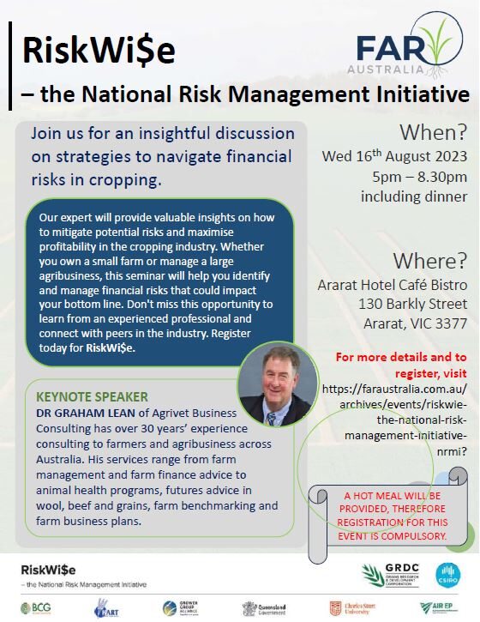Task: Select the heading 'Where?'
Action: point(430,260)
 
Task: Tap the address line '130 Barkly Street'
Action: point(415,304)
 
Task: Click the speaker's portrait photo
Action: point(275,385)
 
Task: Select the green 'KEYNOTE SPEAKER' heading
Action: point(92,397)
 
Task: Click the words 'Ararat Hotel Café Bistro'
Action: point(395,283)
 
